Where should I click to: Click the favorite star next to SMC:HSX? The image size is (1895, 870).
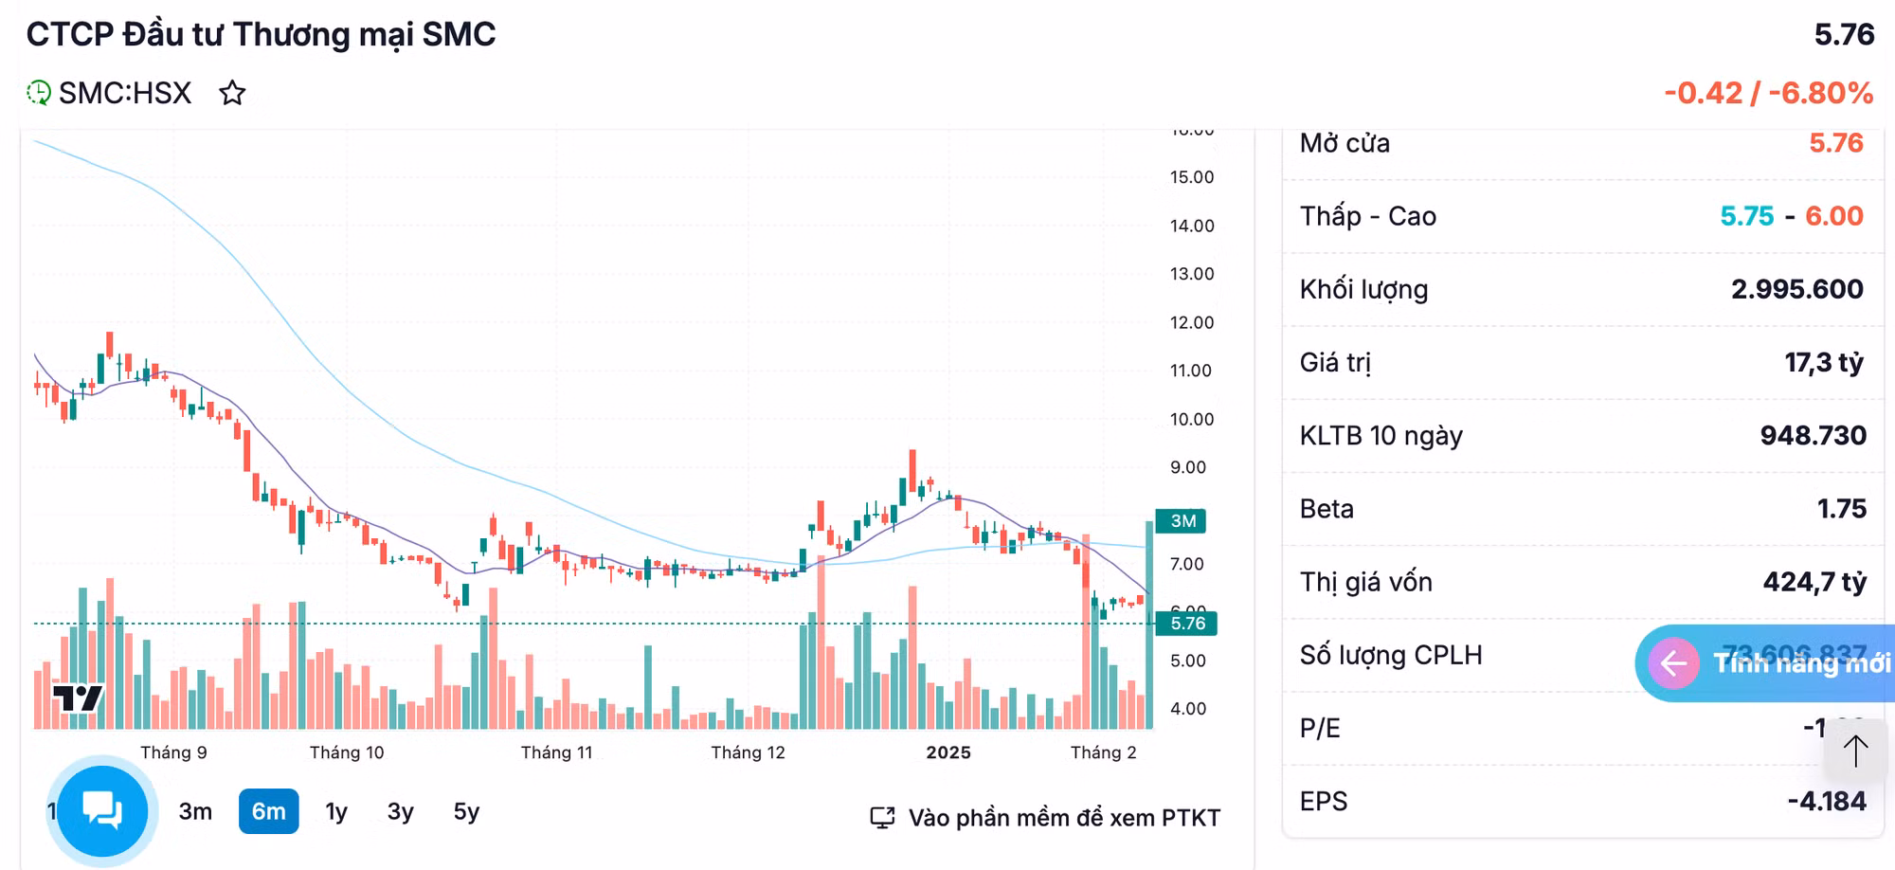coord(232,93)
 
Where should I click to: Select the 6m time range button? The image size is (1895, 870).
coord(268,811)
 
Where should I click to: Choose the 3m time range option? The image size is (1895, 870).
coord(195,811)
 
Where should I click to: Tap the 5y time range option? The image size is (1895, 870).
coord(466,811)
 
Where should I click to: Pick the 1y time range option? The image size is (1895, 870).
coord(336,811)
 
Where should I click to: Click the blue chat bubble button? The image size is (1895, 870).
coord(102,811)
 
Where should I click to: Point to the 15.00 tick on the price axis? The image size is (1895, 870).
coord(1191,177)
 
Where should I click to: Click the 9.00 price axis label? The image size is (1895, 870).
coord(1188,467)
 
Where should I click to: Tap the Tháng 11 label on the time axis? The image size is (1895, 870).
coord(556,752)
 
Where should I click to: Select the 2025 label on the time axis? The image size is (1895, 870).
coord(947,752)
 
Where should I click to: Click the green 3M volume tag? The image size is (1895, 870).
coord(1182,521)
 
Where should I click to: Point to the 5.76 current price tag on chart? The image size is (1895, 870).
coord(1186,624)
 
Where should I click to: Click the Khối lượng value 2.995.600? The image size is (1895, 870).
coord(1796,289)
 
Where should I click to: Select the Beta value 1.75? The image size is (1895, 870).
coord(1841,509)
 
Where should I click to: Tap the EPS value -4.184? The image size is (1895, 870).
coord(1826,802)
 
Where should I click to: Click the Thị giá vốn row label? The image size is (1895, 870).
coord(1365,582)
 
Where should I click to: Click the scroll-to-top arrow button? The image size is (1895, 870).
coord(1855,751)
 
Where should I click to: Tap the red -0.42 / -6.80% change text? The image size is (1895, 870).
coord(1768,93)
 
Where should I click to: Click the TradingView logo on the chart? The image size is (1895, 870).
coord(78,698)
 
